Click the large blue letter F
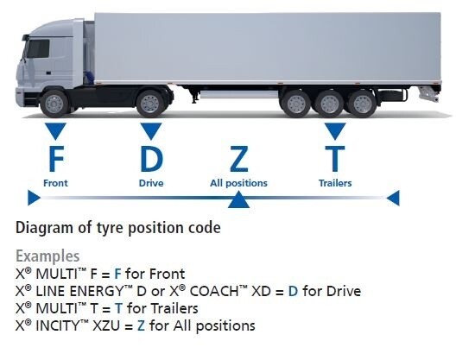point(56,159)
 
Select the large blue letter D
point(151,159)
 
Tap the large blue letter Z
point(238,159)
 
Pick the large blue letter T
point(335,159)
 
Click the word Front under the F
point(55,183)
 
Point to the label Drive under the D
point(151,183)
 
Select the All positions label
point(238,183)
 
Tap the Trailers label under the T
point(335,183)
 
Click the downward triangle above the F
point(55,130)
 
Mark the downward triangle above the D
point(151,130)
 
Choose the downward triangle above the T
point(335,130)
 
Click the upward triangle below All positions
point(238,200)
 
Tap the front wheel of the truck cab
point(54,104)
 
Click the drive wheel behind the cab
point(150,104)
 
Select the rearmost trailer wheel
point(362,104)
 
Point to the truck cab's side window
point(38,48)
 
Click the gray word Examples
point(47,256)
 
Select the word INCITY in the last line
point(57,325)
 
